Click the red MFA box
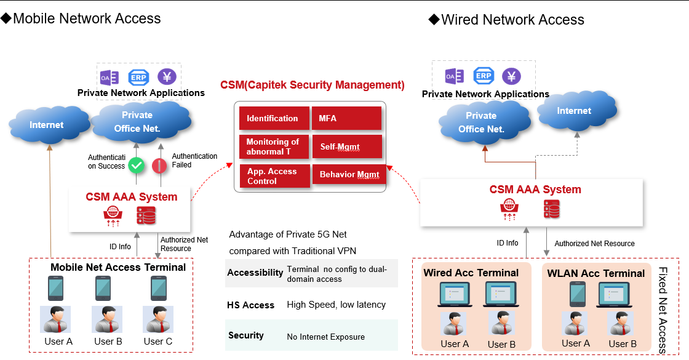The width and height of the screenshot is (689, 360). click(x=346, y=118)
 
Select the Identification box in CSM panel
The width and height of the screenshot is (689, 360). click(x=273, y=118)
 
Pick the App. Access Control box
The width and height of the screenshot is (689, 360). click(x=273, y=176)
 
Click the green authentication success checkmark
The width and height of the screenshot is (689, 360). click(x=136, y=165)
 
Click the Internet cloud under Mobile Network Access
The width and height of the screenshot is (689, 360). click(x=47, y=125)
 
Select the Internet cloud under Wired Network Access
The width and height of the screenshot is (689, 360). click(x=574, y=111)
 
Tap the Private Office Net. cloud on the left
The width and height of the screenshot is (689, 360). click(x=137, y=121)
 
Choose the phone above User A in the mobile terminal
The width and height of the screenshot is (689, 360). click(x=56, y=287)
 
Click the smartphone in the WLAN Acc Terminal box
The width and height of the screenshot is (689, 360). click(x=578, y=294)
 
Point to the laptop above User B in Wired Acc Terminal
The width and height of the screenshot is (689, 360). click(x=502, y=294)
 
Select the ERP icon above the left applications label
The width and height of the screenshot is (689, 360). click(x=138, y=78)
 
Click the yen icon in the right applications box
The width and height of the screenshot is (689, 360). click(x=511, y=76)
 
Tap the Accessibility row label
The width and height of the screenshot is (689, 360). click(x=255, y=273)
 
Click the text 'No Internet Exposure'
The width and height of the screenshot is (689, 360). click(x=325, y=337)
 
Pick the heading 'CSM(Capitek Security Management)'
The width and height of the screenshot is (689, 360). click(x=313, y=85)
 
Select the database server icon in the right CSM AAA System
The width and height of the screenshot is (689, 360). click(x=551, y=209)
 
